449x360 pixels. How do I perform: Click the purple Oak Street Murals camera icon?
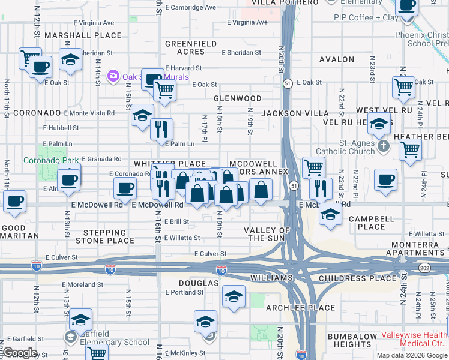[x=112, y=76]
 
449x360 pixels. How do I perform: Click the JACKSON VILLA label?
[x=303, y=113]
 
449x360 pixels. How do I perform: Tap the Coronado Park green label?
[x=51, y=160]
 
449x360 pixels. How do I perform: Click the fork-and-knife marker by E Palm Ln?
[x=161, y=130]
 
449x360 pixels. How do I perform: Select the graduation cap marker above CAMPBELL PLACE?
[x=330, y=214]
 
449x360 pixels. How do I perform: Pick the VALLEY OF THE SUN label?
[x=267, y=234]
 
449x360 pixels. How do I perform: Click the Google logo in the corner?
[x=19, y=353]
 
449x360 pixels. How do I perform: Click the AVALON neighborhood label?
[x=337, y=59]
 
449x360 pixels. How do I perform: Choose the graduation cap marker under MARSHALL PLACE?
[x=71, y=60]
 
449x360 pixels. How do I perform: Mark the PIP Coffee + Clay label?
[x=366, y=18]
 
